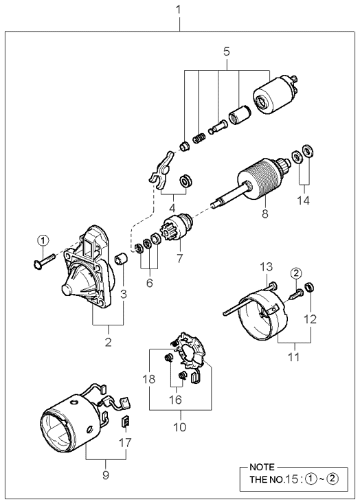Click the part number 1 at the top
pos(178,10)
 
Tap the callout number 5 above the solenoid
pos(227,51)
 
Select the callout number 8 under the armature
pos(265,214)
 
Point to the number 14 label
pos(303,201)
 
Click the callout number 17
pos(125,443)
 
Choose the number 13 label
pos(266,267)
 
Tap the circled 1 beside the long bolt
pos(43,240)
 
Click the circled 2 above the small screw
pos(296,273)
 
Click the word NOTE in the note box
pos(262,467)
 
